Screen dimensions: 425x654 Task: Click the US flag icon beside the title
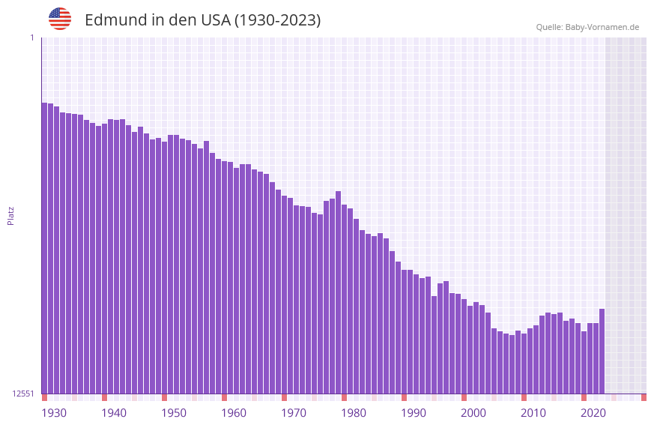[x=60, y=19]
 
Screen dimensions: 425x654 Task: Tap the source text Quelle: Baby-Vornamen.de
[x=587, y=27]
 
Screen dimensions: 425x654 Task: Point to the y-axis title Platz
[x=10, y=215]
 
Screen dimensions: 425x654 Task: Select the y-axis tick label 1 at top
[x=31, y=37]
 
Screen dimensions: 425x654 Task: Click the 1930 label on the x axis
[x=54, y=413]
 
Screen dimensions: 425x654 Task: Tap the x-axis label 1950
[x=174, y=413]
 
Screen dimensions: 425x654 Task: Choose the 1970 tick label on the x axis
[x=294, y=413]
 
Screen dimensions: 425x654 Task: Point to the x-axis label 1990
[x=414, y=413]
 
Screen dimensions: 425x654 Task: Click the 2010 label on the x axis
[x=533, y=413]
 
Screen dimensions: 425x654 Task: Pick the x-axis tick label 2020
[x=593, y=413]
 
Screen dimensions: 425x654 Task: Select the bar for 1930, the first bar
[x=44, y=247]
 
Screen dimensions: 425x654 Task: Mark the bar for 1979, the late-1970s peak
[x=338, y=292]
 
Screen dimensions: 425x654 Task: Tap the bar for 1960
[x=224, y=277]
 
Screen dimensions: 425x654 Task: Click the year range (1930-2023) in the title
[x=278, y=20]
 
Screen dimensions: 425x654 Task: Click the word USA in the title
[x=215, y=20]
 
